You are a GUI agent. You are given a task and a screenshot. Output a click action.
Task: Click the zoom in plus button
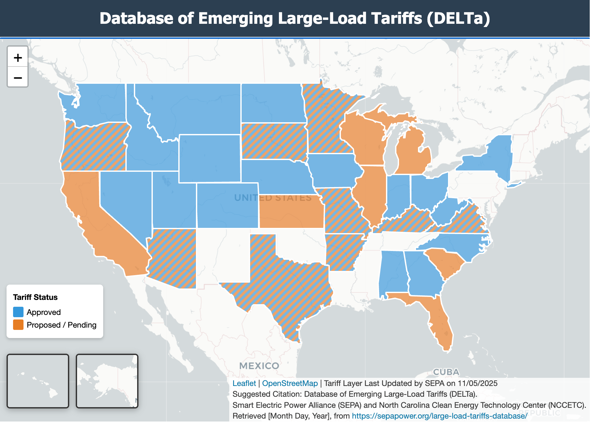(x=18, y=58)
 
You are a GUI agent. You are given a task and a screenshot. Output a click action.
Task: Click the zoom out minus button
(x=18, y=78)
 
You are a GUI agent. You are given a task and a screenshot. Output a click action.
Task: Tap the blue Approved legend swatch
(x=18, y=312)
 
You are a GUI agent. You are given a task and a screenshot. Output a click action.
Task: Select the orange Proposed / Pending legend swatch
(x=18, y=325)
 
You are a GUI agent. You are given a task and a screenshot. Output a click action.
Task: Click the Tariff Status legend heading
(x=35, y=297)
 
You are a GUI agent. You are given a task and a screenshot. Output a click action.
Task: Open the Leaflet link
(x=244, y=383)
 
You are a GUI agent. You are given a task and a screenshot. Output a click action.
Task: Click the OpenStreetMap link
(x=290, y=383)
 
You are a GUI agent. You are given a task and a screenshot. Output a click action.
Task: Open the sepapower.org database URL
(x=440, y=416)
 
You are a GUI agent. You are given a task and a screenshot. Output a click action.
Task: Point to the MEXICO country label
(x=259, y=366)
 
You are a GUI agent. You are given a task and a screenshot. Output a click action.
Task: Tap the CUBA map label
(x=446, y=372)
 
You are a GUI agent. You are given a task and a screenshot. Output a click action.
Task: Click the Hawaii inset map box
(x=38, y=381)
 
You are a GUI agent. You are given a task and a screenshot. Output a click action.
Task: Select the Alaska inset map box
(x=107, y=381)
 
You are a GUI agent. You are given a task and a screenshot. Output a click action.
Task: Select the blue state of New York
(x=493, y=156)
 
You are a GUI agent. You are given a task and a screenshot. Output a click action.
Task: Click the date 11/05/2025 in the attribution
(x=477, y=383)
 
